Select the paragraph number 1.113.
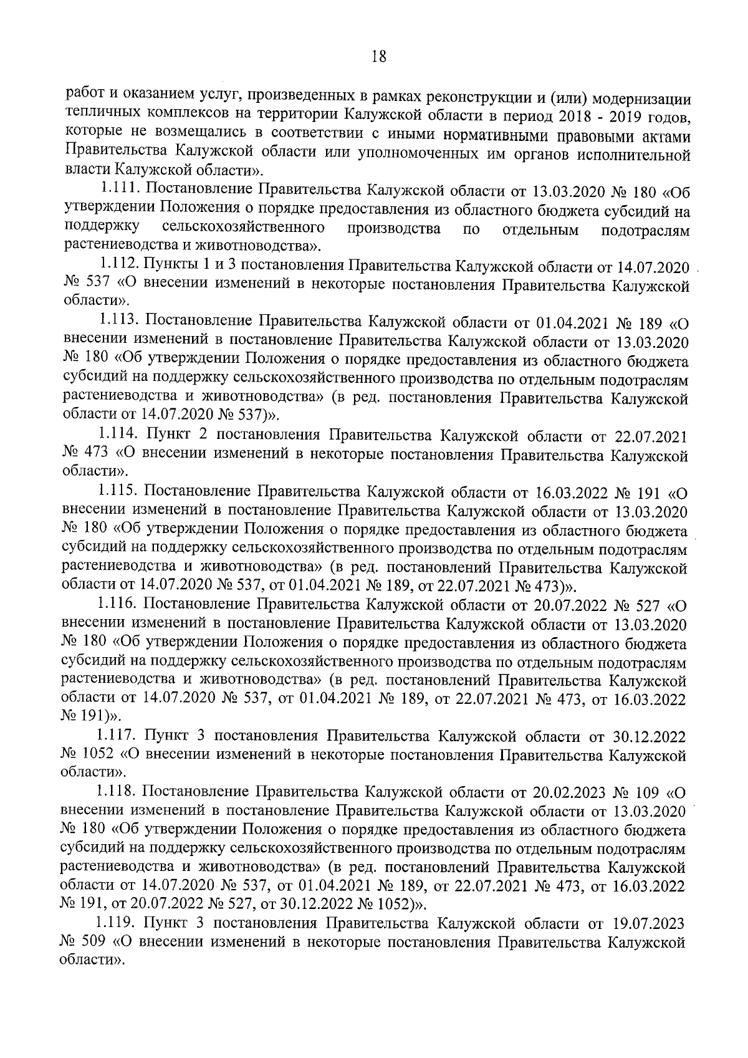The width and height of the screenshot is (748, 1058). (x=121, y=322)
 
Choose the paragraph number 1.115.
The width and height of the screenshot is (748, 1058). (x=121, y=493)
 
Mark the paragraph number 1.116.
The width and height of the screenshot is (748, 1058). (x=120, y=604)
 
